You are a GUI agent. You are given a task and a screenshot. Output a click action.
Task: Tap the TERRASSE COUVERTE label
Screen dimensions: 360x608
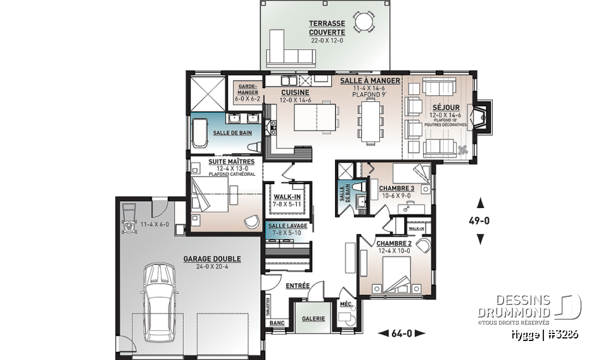[327, 28]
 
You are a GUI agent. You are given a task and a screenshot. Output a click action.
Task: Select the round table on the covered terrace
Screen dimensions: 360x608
[364, 23]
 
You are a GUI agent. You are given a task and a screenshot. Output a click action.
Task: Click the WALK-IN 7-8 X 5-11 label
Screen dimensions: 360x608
[288, 200]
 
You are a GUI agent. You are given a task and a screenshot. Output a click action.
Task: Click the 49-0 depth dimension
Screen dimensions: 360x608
[480, 221]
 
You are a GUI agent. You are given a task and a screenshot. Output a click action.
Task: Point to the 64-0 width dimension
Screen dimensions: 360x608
[402, 333]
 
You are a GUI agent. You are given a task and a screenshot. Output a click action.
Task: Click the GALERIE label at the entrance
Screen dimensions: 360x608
[313, 318]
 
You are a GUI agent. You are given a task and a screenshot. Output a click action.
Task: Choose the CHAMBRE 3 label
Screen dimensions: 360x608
[396, 189]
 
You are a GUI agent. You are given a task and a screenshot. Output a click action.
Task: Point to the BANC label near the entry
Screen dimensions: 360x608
[277, 322]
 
